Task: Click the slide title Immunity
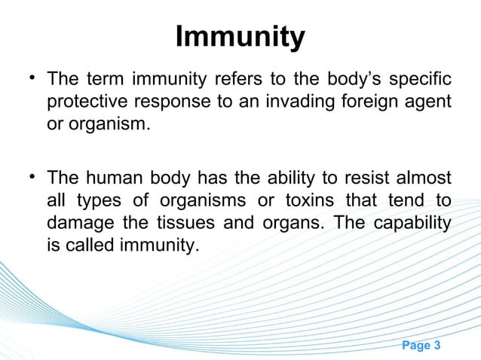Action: (240, 37)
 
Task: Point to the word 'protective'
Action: (85, 102)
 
